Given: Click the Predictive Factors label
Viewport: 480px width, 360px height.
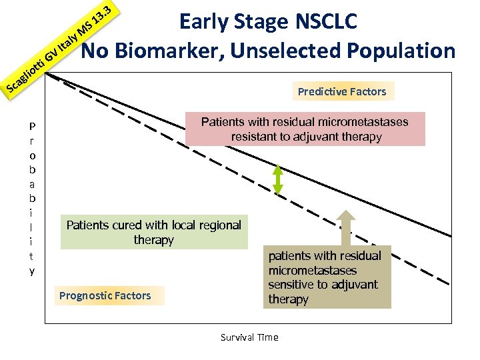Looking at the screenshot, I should click(342, 91).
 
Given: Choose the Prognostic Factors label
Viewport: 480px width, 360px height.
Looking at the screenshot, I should click(105, 295).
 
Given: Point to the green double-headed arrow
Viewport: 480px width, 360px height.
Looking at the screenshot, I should click(278, 179).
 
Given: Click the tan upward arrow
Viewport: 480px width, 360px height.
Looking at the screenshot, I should click(346, 227).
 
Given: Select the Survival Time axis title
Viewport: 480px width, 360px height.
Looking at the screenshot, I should click(249, 337).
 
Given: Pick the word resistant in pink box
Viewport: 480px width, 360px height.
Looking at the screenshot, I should click(254, 137).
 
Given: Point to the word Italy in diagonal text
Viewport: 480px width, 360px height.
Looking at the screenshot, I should click(68, 41).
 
